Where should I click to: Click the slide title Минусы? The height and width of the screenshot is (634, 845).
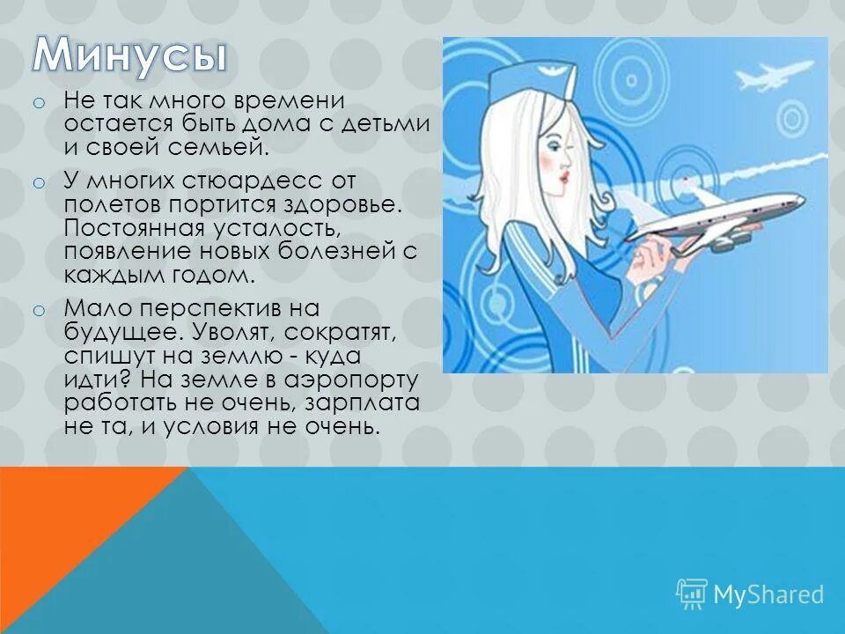pyautogui.click(x=130, y=55)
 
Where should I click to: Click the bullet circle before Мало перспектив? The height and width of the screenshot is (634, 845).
pyautogui.click(x=38, y=310)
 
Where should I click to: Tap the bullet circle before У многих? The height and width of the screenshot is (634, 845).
pyautogui.click(x=38, y=183)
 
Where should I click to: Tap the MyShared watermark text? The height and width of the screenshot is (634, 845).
pyautogui.click(x=768, y=594)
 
